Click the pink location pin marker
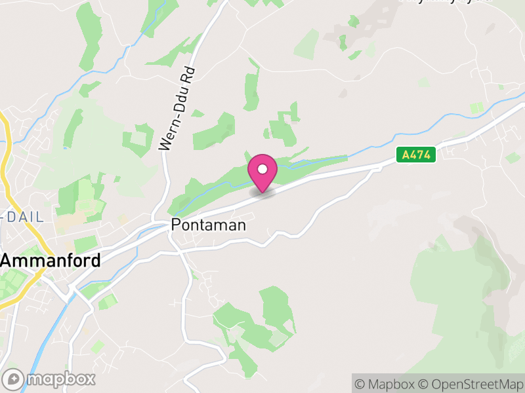pyautogui.click(x=262, y=172)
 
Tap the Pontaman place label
pyautogui.click(x=208, y=225)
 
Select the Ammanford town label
pyautogui.click(x=51, y=260)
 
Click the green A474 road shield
pyautogui.click(x=416, y=155)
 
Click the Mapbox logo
pyautogui.click(x=49, y=379)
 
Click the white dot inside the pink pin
pyautogui.click(x=262, y=169)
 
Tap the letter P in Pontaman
pyautogui.click(x=175, y=225)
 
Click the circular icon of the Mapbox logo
pyautogui.click(x=13, y=379)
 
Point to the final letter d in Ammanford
pyautogui.click(x=96, y=260)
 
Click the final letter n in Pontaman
pyautogui.click(x=241, y=225)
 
